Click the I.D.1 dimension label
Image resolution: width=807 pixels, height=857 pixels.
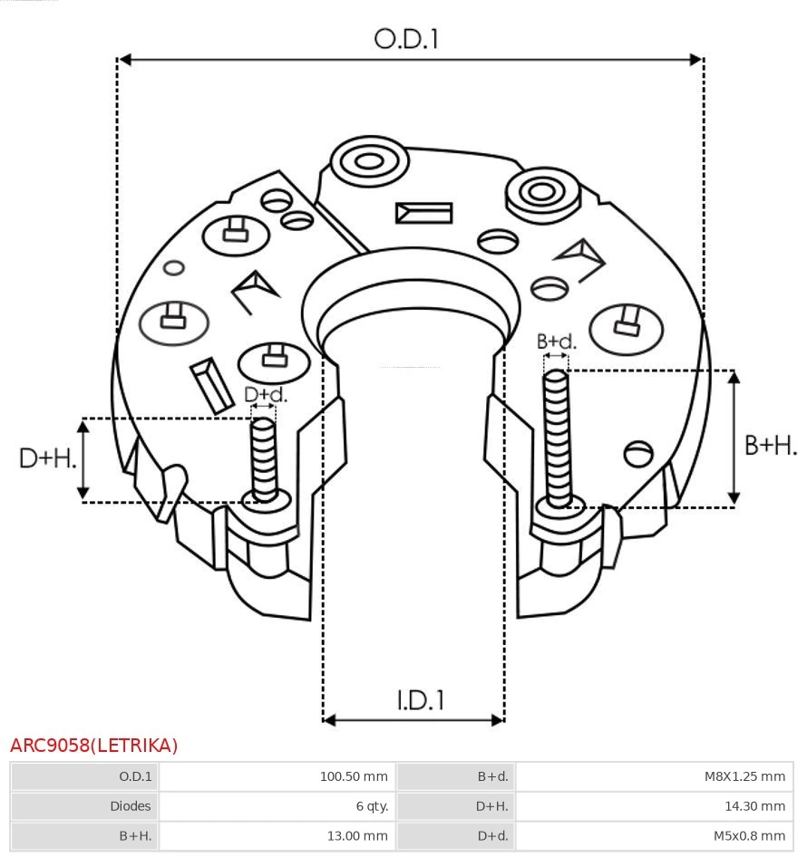(420, 700)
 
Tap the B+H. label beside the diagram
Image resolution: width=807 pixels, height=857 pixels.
(770, 445)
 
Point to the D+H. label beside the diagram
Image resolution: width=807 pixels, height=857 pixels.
(47, 458)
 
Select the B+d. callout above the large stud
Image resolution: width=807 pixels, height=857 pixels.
(556, 342)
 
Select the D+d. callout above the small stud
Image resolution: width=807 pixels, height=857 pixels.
(265, 395)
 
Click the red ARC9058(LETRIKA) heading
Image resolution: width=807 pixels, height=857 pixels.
(94, 746)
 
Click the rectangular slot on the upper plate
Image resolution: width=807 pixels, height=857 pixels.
(423, 213)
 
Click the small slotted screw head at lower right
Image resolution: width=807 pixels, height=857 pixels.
(639, 453)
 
